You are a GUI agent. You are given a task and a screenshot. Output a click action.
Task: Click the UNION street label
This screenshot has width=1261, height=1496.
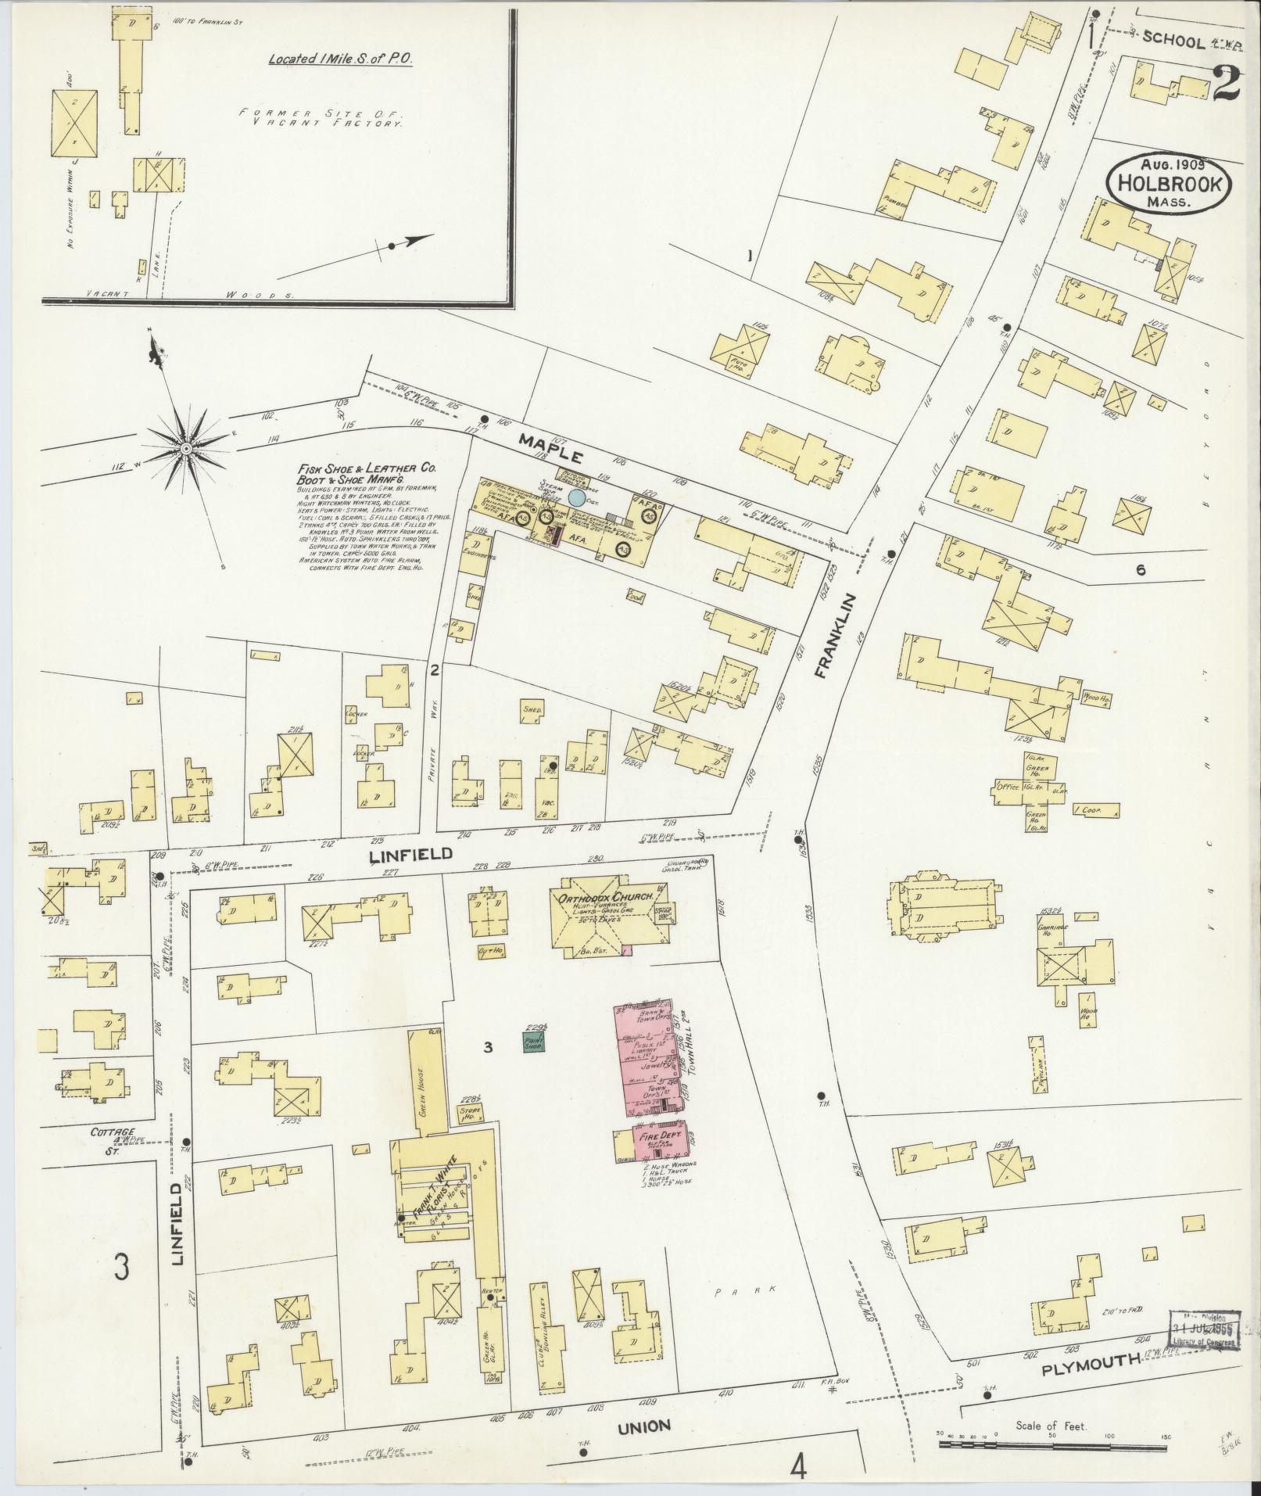coord(643,1426)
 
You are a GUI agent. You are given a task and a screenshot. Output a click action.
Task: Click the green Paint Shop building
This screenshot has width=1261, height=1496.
coord(534,1041)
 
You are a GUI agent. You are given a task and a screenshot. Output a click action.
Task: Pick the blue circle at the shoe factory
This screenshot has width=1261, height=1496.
coord(576,497)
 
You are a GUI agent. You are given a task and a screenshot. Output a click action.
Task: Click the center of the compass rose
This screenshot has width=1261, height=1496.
coord(186,449)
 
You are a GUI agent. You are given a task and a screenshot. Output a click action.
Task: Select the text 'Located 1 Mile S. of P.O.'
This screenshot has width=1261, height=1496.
coord(340,59)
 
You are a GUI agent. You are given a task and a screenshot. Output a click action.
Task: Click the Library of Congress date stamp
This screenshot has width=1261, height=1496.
coord(1204,1329)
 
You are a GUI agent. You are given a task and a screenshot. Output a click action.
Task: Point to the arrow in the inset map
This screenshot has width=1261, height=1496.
coord(410,242)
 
